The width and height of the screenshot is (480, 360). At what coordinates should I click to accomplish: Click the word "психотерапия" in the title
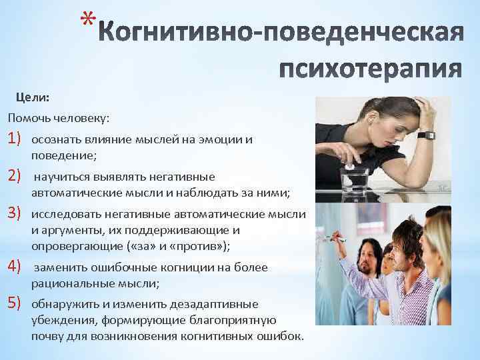pos(370,67)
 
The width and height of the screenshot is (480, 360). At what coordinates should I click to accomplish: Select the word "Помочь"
pos(27,118)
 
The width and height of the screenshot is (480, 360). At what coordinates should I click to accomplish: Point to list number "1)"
pos(15,139)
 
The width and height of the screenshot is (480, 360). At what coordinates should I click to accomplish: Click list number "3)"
pos(15,214)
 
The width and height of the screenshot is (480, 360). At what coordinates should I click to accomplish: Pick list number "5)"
pos(15,305)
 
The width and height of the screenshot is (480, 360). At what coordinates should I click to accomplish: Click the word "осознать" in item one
pos(56,141)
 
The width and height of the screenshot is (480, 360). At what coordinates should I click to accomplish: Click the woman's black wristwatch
pos(425,135)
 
